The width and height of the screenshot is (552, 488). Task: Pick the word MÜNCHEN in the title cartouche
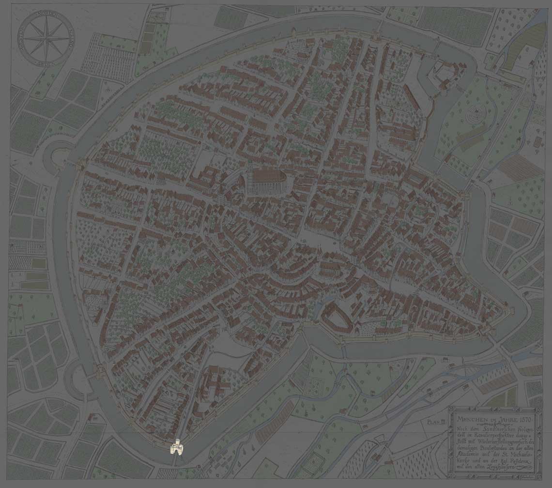point(472,417)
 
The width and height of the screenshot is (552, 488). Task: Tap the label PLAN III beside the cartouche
point(436,422)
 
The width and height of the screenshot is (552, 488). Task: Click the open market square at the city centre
point(310,240)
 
